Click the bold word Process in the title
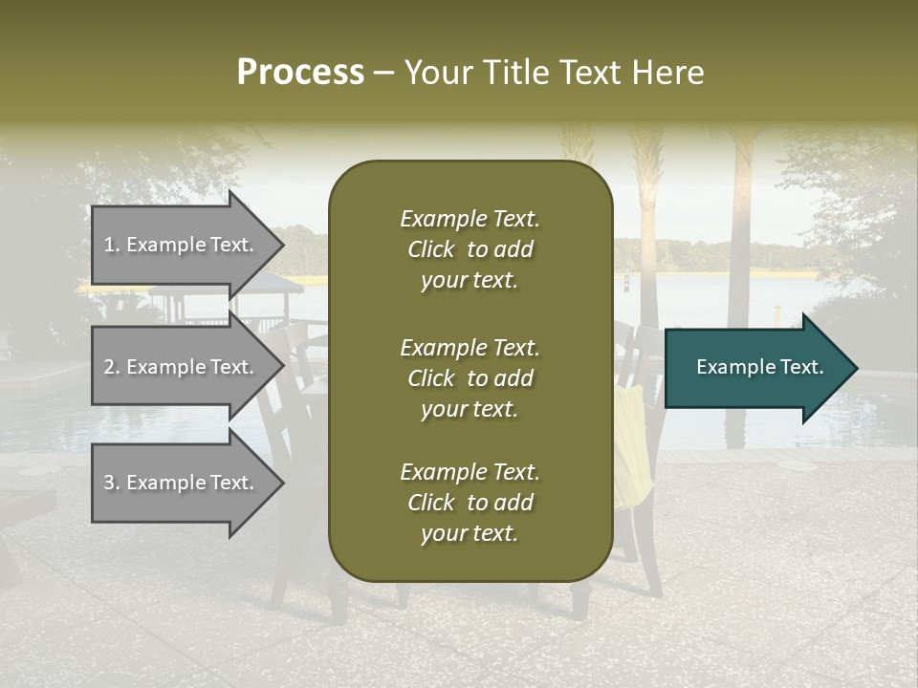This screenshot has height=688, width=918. click(x=300, y=73)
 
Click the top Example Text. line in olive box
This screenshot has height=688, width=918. click(x=470, y=219)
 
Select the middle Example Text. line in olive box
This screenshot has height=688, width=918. click(x=470, y=347)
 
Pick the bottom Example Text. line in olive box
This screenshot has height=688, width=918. click(x=470, y=472)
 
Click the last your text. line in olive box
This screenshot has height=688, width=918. click(x=470, y=534)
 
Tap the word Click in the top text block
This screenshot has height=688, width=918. click(x=430, y=249)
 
